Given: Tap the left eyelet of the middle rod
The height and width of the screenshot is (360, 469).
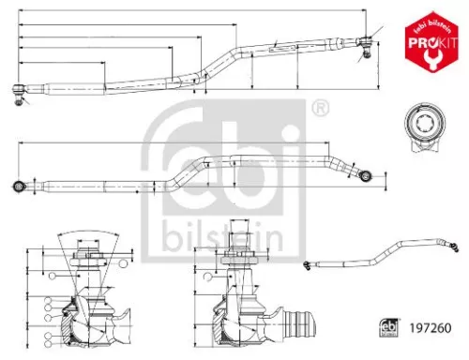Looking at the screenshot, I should click(x=20, y=183).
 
